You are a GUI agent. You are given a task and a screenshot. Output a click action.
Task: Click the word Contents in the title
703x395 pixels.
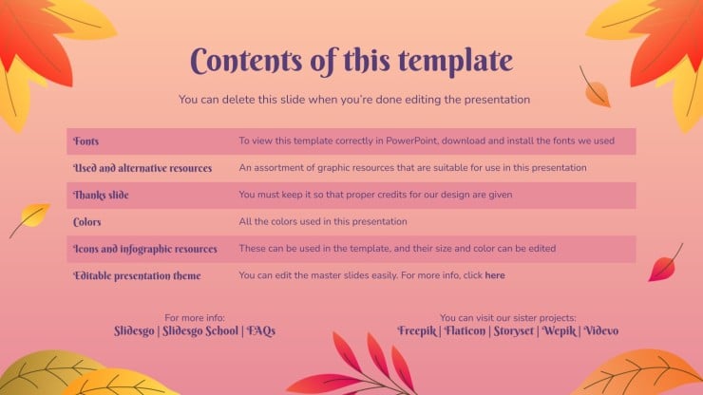[x=246, y=61]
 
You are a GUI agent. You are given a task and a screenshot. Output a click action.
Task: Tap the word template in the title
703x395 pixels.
[x=455, y=62]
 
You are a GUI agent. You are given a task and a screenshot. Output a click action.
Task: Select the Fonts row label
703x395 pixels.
[x=86, y=141]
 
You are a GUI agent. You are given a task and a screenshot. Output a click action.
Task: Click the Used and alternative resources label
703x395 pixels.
[x=142, y=168]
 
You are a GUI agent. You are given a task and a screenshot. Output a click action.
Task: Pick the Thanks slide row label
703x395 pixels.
[x=101, y=195]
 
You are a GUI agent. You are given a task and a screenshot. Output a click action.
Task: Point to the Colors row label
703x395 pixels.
[x=87, y=222]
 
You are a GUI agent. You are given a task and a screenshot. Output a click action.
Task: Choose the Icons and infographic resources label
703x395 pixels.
[x=145, y=249]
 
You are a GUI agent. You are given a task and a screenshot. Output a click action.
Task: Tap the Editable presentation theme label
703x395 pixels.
[x=137, y=275]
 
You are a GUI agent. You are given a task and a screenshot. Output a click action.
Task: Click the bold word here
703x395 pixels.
[x=495, y=275]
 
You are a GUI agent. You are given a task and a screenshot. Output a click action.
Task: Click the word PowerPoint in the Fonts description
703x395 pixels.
[x=411, y=141]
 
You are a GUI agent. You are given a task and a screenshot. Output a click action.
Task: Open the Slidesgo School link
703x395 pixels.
[x=200, y=330]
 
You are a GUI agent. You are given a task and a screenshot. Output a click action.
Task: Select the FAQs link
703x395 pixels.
[x=261, y=330]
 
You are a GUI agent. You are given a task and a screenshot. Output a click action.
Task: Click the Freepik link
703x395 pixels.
[x=417, y=330]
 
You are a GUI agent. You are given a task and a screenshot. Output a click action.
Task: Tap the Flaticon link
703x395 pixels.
[x=465, y=330]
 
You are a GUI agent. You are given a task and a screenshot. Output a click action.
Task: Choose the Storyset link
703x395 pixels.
[x=514, y=330]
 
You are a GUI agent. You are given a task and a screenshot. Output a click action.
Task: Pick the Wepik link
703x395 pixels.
[x=560, y=330]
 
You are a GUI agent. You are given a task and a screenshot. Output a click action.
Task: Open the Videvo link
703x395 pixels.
[x=601, y=330]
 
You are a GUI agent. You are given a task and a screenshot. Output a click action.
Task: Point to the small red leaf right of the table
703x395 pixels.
[x=663, y=266]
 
